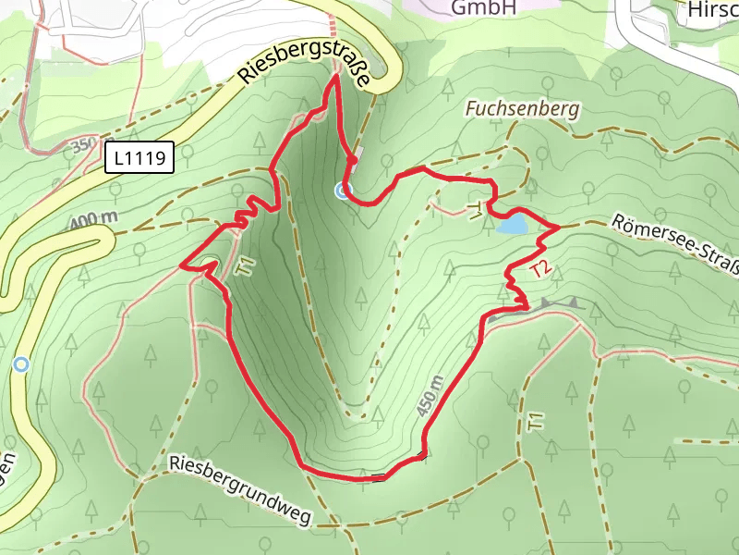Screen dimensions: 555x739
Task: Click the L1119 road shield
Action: pos(139,159)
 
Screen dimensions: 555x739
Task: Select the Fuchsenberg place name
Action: pos(523,109)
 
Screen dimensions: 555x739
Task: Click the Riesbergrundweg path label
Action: pos(240,487)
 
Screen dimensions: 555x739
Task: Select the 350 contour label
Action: pos(83,146)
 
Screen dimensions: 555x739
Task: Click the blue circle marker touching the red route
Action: pos(343,191)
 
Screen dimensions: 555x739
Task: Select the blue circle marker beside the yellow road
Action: pos(20,364)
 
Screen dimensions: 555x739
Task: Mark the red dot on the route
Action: pos(352,159)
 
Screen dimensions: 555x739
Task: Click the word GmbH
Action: pos(482,8)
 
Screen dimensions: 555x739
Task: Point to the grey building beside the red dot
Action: pos(358,152)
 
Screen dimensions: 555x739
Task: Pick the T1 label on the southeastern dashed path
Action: pos(536,421)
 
